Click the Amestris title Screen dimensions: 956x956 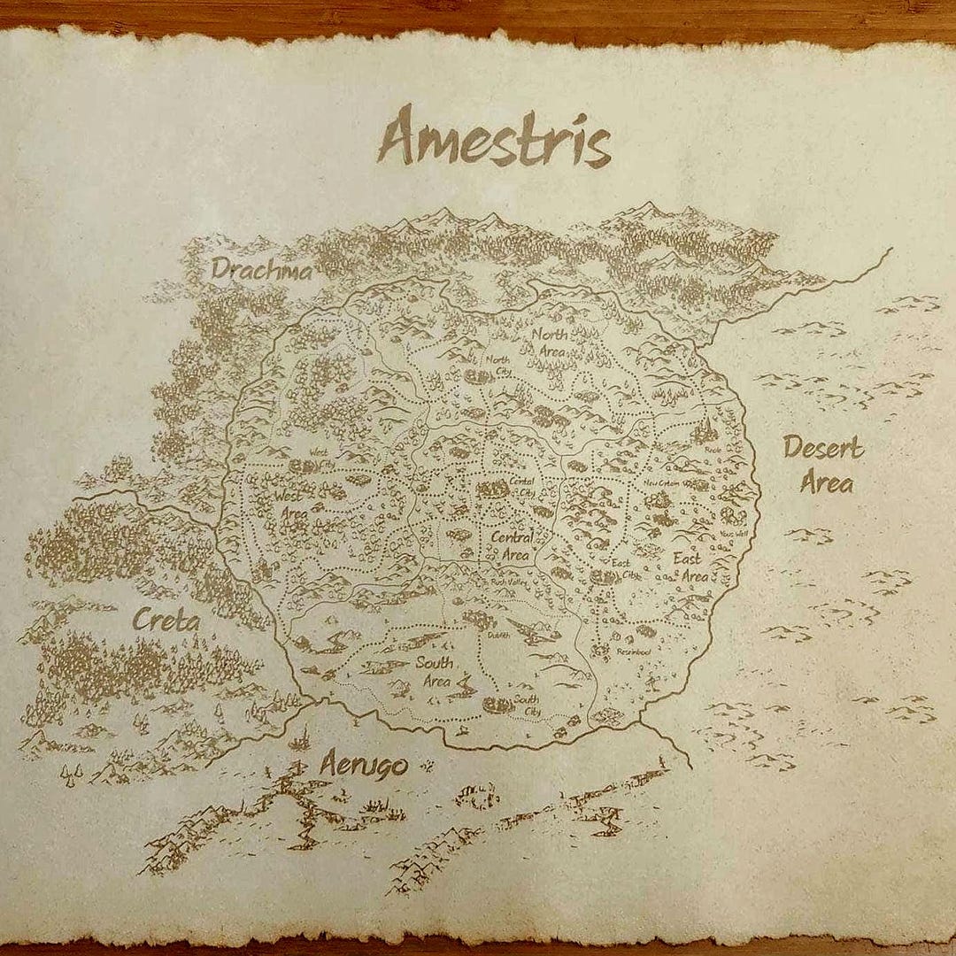(494, 138)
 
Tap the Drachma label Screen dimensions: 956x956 (262, 269)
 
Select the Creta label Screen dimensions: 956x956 (166, 620)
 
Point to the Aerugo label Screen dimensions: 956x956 (363, 762)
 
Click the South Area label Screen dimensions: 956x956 (436, 672)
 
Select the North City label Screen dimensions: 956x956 (498, 364)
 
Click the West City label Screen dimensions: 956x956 (321, 459)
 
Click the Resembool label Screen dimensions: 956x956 (632, 652)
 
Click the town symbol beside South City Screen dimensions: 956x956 (498, 705)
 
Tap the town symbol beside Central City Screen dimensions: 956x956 (492, 489)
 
